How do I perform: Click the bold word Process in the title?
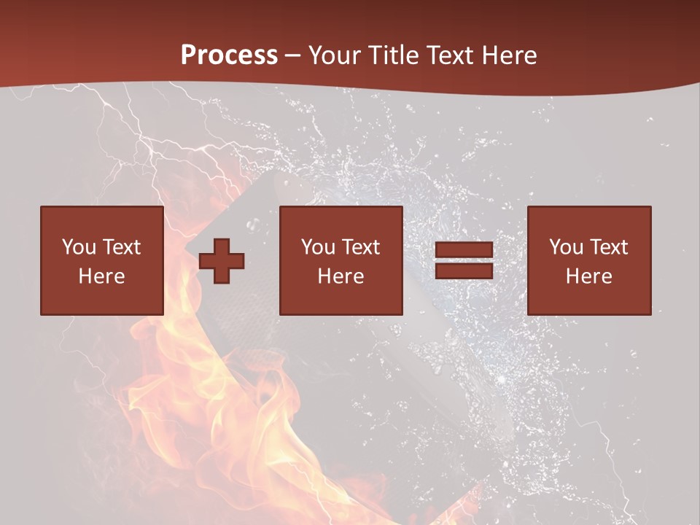[229, 55]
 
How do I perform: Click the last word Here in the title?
[510, 55]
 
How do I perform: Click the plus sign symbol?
[222, 260]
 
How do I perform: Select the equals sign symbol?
[464, 260]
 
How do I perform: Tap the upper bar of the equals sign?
[464, 250]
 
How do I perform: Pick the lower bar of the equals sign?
[464, 271]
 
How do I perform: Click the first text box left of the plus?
[101, 260]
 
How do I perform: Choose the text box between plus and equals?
[341, 260]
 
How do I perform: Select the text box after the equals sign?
[589, 260]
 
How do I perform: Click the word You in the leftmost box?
[78, 247]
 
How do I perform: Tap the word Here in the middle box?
[341, 276]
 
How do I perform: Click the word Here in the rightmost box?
[589, 276]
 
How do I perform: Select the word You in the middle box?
[318, 247]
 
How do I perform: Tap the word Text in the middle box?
[360, 247]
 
